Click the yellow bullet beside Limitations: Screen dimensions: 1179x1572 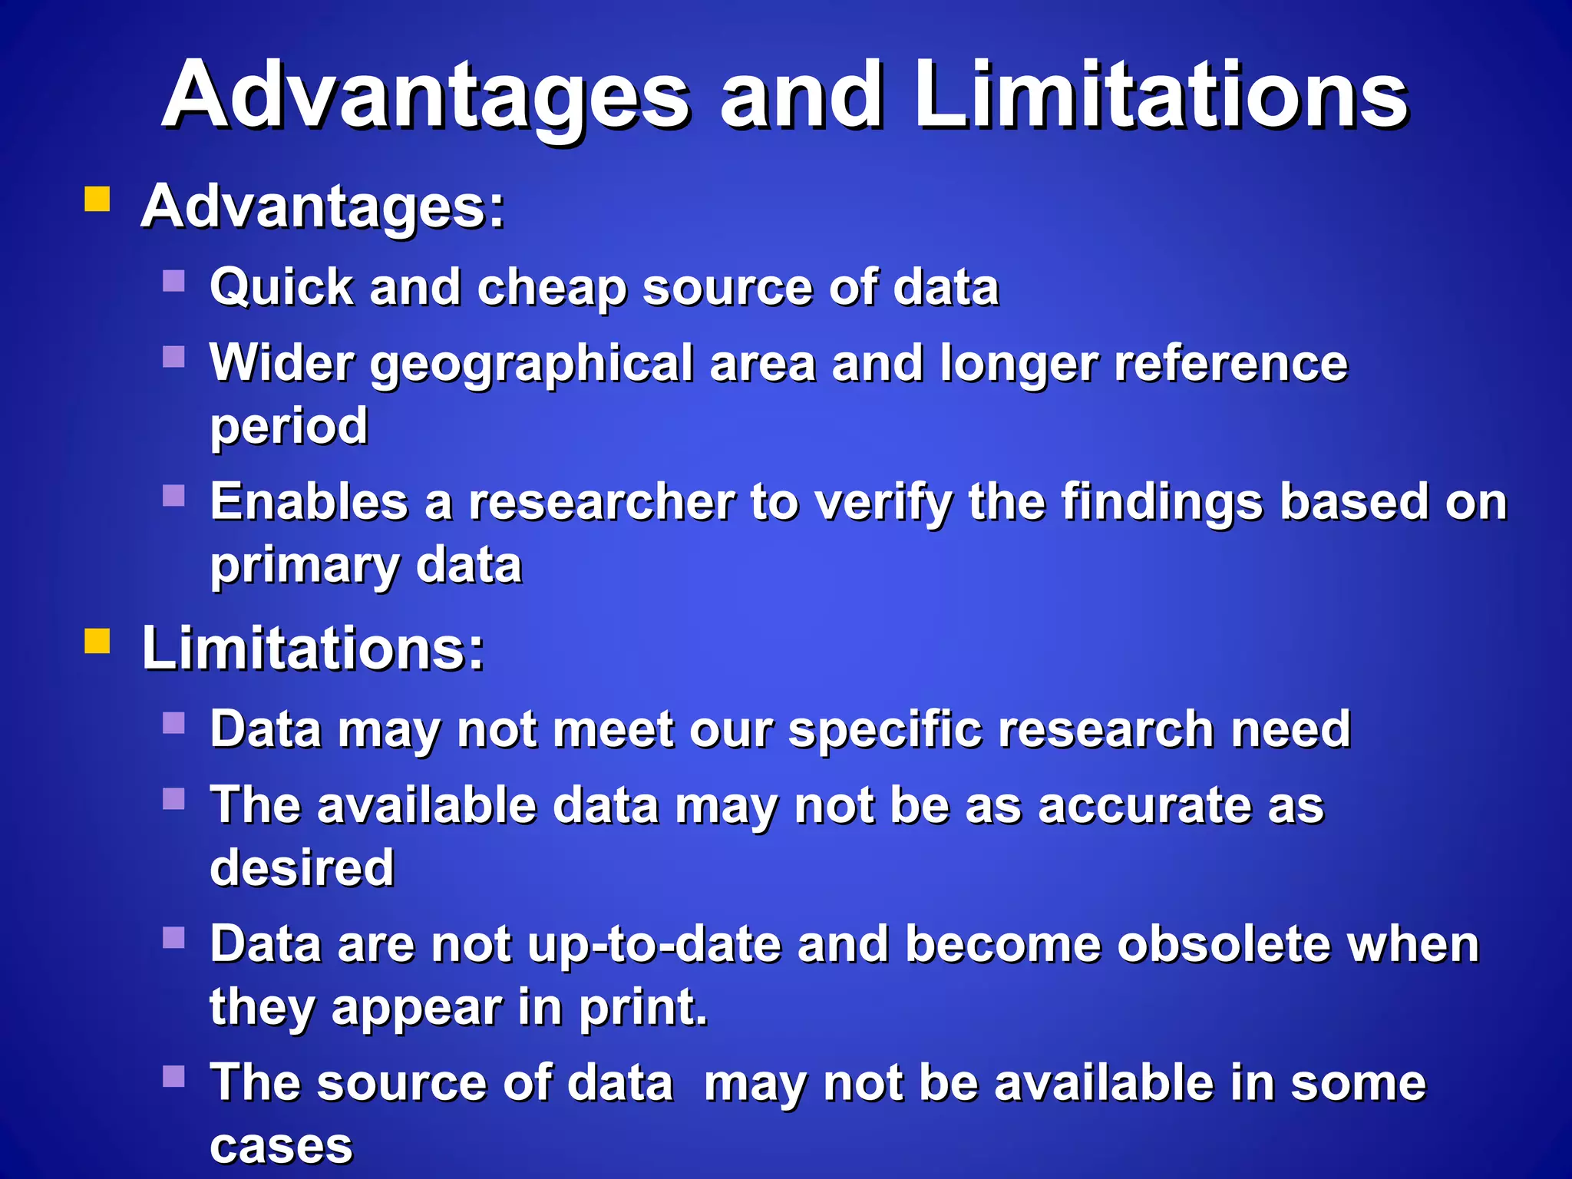[x=97, y=640]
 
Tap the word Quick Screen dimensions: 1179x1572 [x=282, y=289]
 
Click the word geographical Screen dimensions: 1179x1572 [x=532, y=364]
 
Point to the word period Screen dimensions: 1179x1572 [x=289, y=426]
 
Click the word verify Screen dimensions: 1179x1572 [x=883, y=503]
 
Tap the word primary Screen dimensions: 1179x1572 [x=305, y=566]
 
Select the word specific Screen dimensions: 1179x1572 [x=885, y=729]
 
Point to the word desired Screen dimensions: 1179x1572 [x=302, y=868]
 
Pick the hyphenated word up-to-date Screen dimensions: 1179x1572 [x=654, y=945]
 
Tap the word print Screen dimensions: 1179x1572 [x=642, y=1007]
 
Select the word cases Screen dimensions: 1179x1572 [x=281, y=1146]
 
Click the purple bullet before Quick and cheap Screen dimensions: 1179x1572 [x=174, y=280]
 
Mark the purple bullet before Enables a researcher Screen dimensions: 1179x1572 [x=174, y=495]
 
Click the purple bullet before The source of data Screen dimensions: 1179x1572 [x=174, y=1076]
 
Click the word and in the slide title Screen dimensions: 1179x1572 [x=801, y=96]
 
